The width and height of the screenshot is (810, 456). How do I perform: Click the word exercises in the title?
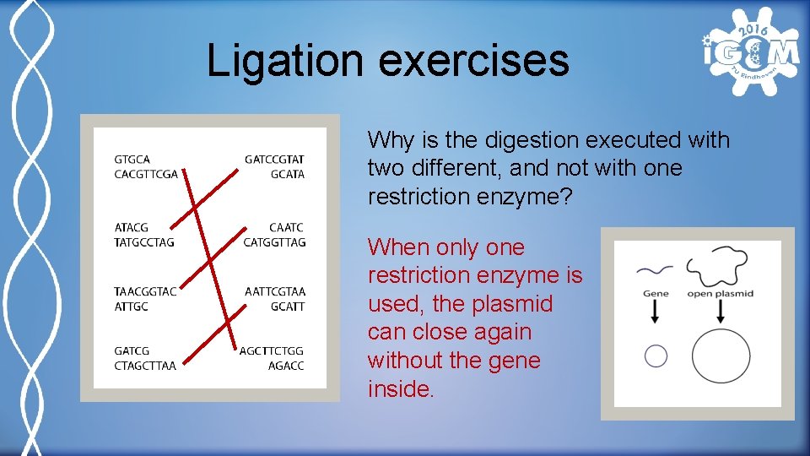pos(473,61)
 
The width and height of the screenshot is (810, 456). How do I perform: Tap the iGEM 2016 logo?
pos(749,52)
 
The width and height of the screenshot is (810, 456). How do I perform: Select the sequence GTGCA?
pos(132,159)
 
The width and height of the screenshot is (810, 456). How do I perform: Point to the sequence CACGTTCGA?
pos(146,175)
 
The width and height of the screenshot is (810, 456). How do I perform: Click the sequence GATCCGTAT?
pos(274,159)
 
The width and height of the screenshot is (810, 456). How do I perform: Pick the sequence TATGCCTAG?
pos(144,242)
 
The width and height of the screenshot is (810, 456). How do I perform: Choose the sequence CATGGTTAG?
pos(274,242)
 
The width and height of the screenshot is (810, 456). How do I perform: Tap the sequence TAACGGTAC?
pos(145,291)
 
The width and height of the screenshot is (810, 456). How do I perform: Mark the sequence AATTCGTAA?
pos(275,291)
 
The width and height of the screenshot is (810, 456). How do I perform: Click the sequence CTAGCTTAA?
pos(145,366)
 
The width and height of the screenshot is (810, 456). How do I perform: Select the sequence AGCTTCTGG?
pos(272,350)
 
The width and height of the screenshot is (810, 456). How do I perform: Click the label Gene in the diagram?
pos(656,294)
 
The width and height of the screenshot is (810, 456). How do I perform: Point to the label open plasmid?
pos(720,294)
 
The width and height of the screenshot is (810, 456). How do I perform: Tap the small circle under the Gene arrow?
pos(656,356)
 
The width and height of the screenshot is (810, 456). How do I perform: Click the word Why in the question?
pos(391,140)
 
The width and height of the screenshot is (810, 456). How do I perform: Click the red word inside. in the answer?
pos(401,389)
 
